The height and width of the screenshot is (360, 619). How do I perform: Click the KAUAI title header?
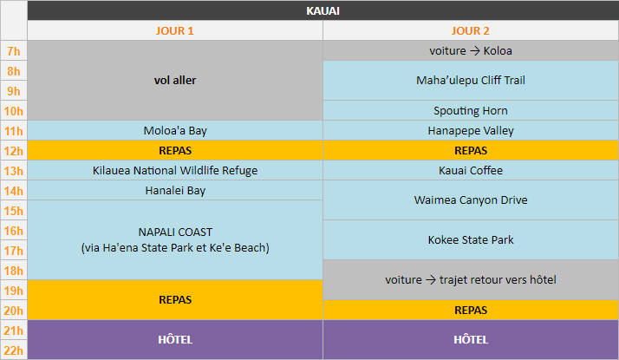click(x=323, y=11)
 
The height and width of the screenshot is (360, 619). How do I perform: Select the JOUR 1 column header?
click(x=175, y=31)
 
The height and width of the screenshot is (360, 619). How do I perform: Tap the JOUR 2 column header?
click(x=471, y=31)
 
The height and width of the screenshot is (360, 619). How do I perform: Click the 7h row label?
click(x=14, y=51)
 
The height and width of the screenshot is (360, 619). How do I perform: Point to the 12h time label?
click(x=14, y=151)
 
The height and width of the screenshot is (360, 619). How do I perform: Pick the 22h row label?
click(x=14, y=350)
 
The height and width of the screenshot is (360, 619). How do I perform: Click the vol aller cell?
click(x=175, y=81)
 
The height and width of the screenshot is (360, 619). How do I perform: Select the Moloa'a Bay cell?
click(x=175, y=131)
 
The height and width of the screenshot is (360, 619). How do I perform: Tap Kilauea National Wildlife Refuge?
click(x=175, y=171)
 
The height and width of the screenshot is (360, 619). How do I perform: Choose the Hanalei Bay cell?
click(x=175, y=191)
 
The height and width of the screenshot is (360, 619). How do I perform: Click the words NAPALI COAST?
click(x=175, y=232)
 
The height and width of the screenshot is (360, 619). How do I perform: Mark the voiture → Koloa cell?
click(x=471, y=51)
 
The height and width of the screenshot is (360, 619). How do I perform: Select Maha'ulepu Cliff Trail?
click(x=471, y=81)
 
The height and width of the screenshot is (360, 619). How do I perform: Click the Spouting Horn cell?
click(x=471, y=111)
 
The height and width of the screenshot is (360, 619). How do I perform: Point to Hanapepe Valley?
click(x=471, y=131)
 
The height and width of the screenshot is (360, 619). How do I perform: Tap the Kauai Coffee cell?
click(x=471, y=171)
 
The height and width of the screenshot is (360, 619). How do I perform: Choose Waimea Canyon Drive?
click(x=471, y=200)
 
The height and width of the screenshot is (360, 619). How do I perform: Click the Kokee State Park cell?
click(x=471, y=240)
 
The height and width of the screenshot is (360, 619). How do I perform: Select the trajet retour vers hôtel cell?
click(x=471, y=280)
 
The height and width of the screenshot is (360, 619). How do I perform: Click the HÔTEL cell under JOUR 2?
click(x=471, y=339)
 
